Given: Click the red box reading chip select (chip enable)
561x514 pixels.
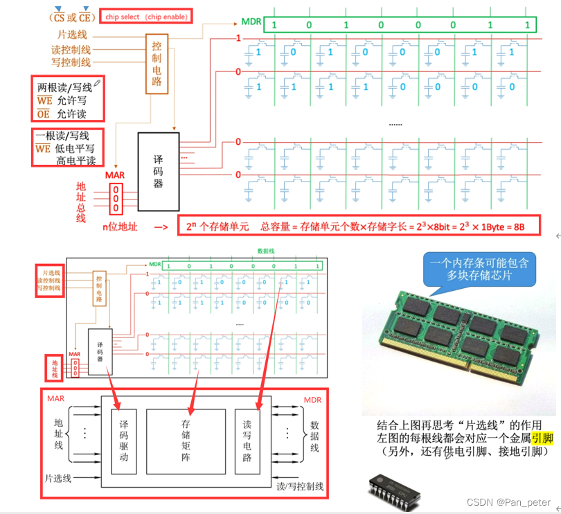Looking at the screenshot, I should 145,17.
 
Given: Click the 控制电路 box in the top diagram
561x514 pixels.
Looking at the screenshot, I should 156,63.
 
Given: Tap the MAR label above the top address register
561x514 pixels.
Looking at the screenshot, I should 115,175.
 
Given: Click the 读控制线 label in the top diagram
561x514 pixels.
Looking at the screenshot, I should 71,49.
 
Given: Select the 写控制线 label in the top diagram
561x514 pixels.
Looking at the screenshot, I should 71,62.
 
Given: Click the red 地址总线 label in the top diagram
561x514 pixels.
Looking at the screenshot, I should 81,201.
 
